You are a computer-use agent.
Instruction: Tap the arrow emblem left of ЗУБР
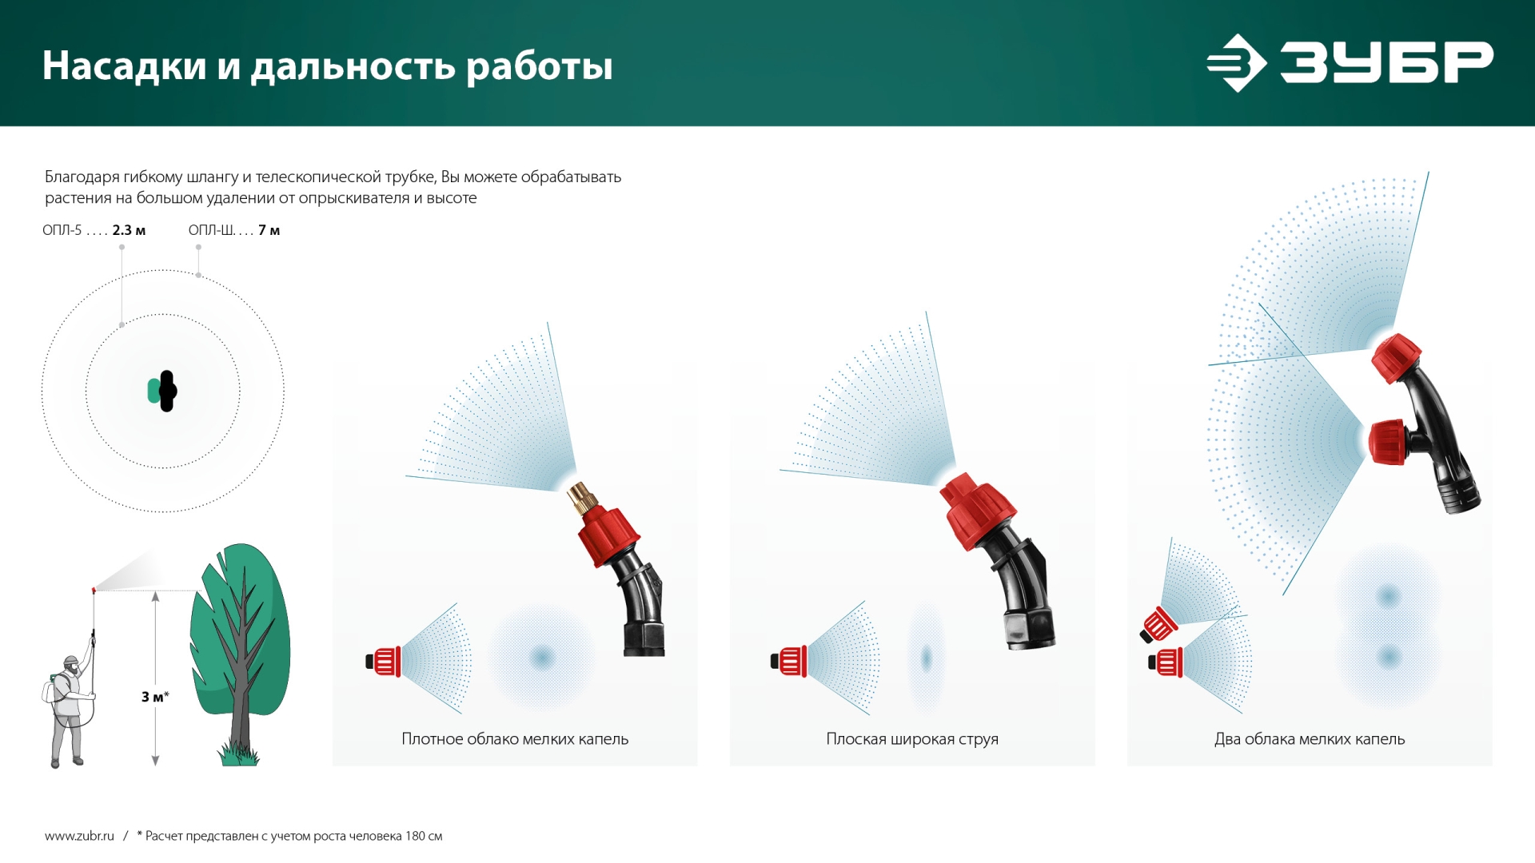pos(1236,62)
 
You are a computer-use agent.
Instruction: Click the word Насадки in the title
pos(124,66)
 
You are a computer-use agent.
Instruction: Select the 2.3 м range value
pos(129,230)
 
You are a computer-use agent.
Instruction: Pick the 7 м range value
pos(269,230)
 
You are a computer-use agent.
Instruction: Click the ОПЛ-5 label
pos(62,230)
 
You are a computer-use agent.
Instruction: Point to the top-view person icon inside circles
pos(163,391)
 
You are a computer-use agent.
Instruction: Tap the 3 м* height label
pos(155,697)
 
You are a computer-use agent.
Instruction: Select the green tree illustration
pos(240,639)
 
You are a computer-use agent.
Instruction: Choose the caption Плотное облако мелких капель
pos(515,739)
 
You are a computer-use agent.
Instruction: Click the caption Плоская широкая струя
pos(912,739)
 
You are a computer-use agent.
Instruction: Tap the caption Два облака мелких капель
pos(1310,739)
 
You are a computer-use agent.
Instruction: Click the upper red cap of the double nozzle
pos(1396,357)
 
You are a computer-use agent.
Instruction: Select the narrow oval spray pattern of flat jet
pos(927,658)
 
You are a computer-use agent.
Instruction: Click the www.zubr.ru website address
pos(79,836)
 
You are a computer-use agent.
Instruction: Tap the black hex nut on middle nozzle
pos(1030,629)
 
